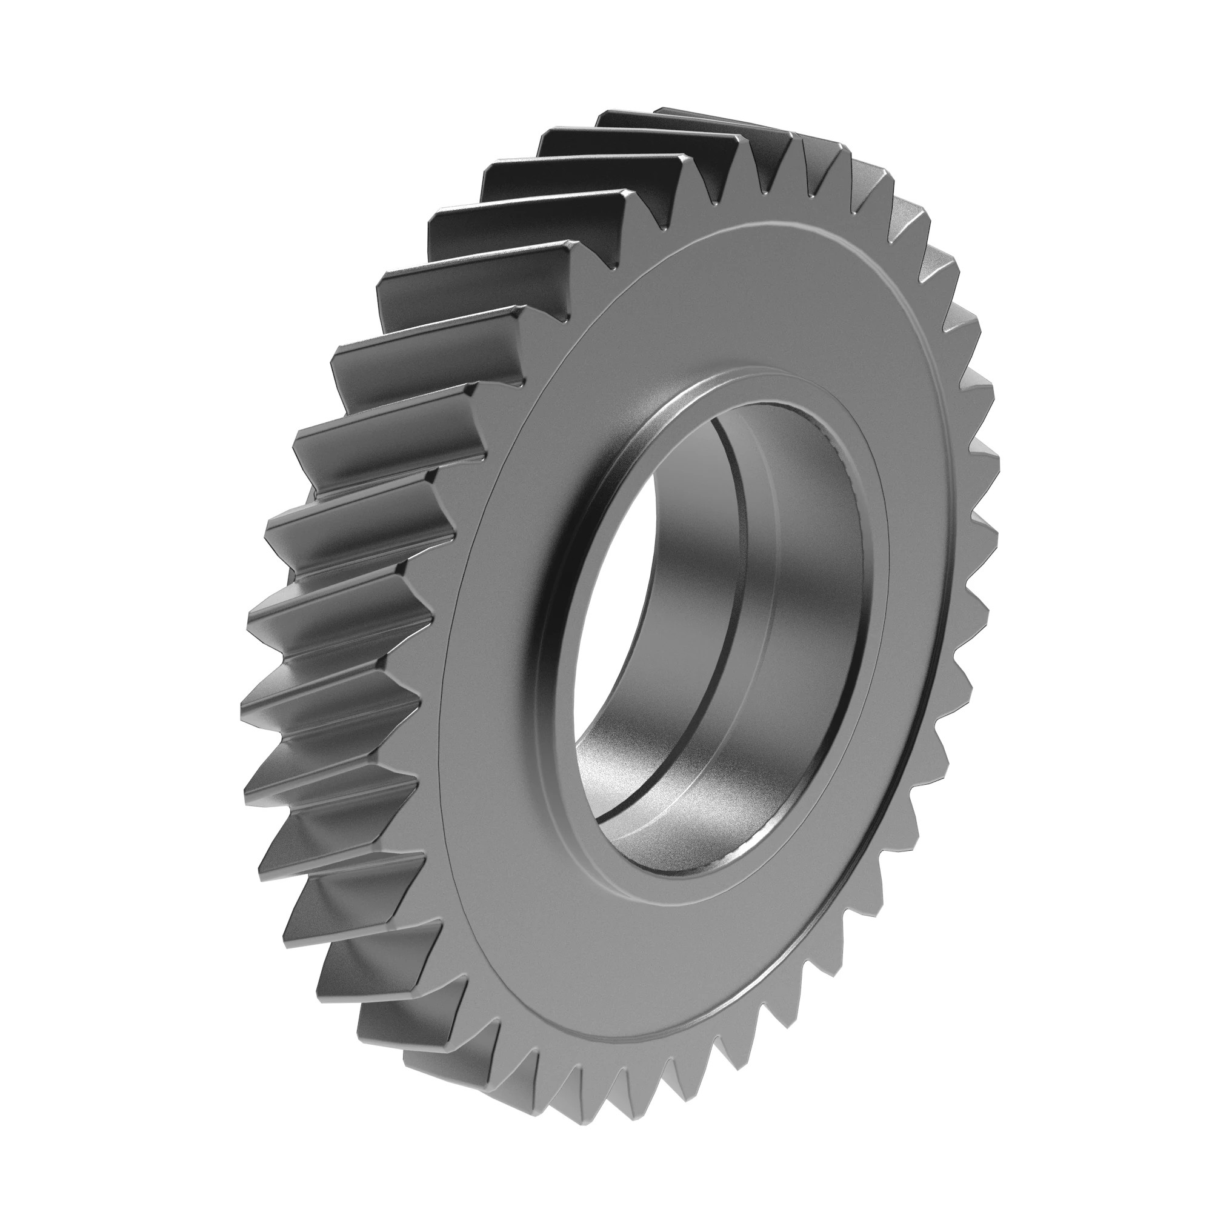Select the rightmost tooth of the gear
click(985, 451)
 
